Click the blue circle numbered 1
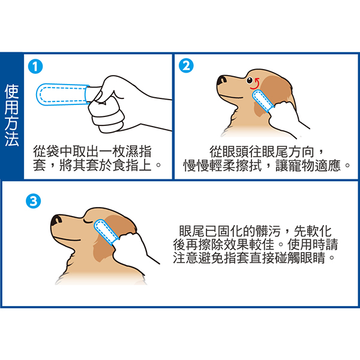35,67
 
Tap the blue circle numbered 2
186,65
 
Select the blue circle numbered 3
34,201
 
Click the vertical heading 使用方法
11,115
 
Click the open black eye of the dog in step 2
250,80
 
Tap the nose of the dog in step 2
221,80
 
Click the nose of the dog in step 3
56,220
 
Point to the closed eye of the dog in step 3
88,221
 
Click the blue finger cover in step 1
62,95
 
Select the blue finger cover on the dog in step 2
263,101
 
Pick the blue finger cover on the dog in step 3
106,232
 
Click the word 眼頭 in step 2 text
235,152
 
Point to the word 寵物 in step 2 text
301,166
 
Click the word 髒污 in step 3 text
268,231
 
